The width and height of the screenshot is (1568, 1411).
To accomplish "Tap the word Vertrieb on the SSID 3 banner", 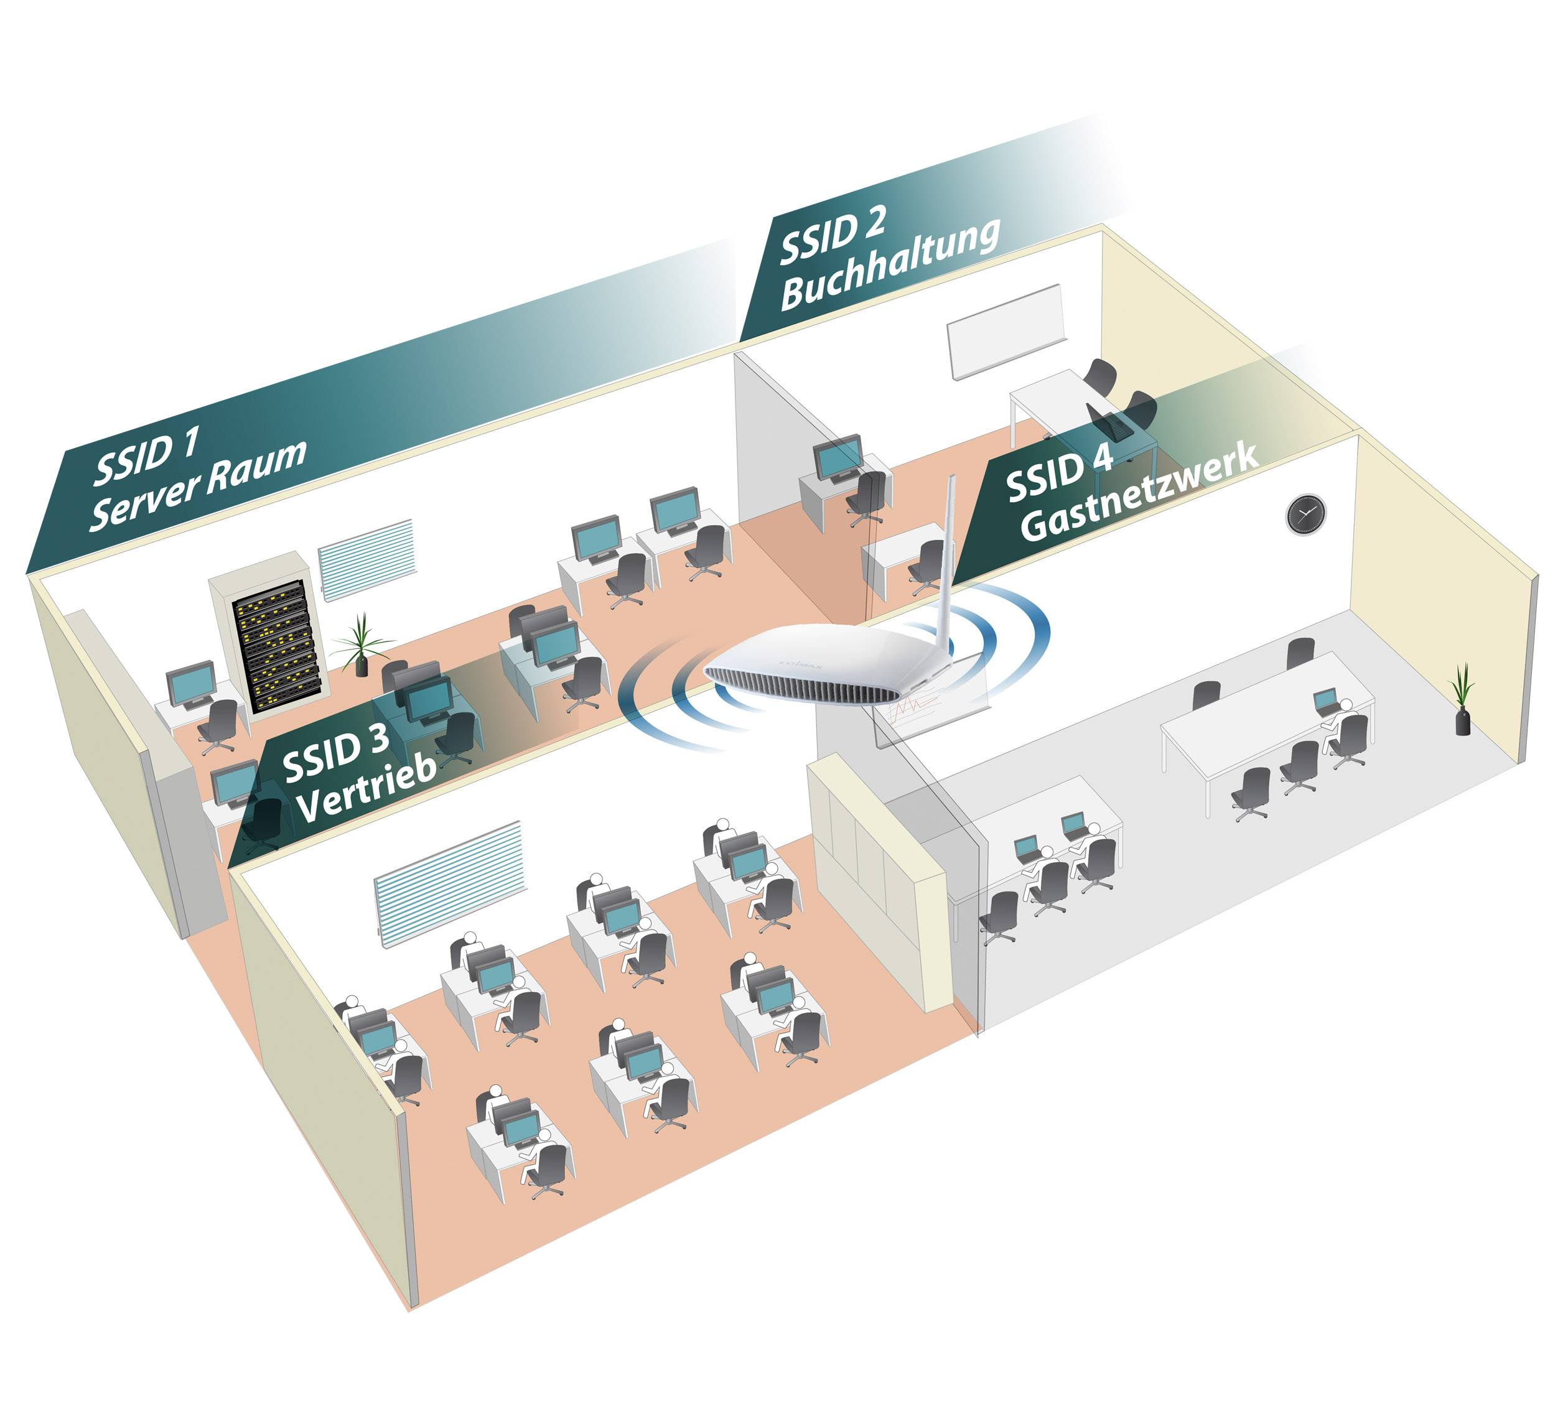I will click(x=366, y=789).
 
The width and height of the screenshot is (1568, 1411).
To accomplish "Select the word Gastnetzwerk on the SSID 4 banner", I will click(x=1139, y=494).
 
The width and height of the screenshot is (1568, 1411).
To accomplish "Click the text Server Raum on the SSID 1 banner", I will click(x=198, y=485).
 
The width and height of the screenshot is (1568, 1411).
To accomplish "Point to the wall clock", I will click(x=1306, y=513).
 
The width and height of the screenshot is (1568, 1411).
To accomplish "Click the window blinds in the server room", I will click(x=366, y=558).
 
